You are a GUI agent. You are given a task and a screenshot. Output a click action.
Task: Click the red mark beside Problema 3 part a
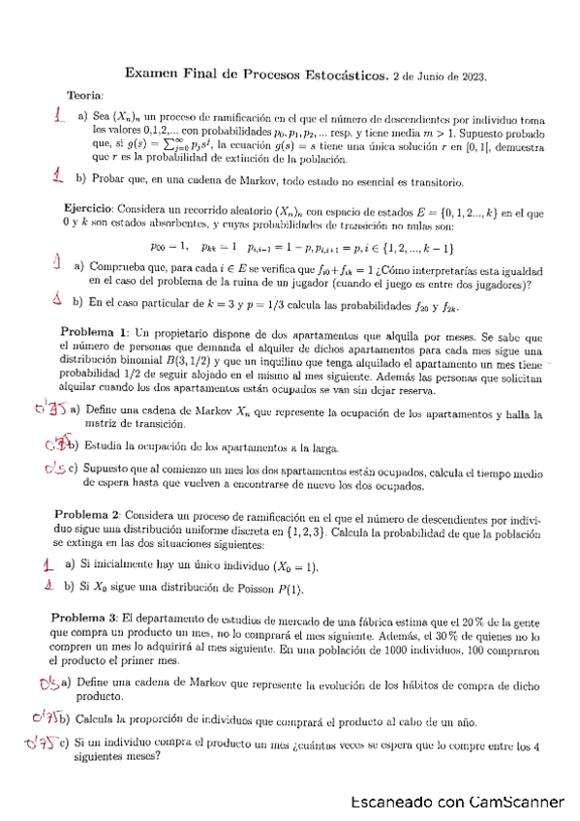point(48,684)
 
